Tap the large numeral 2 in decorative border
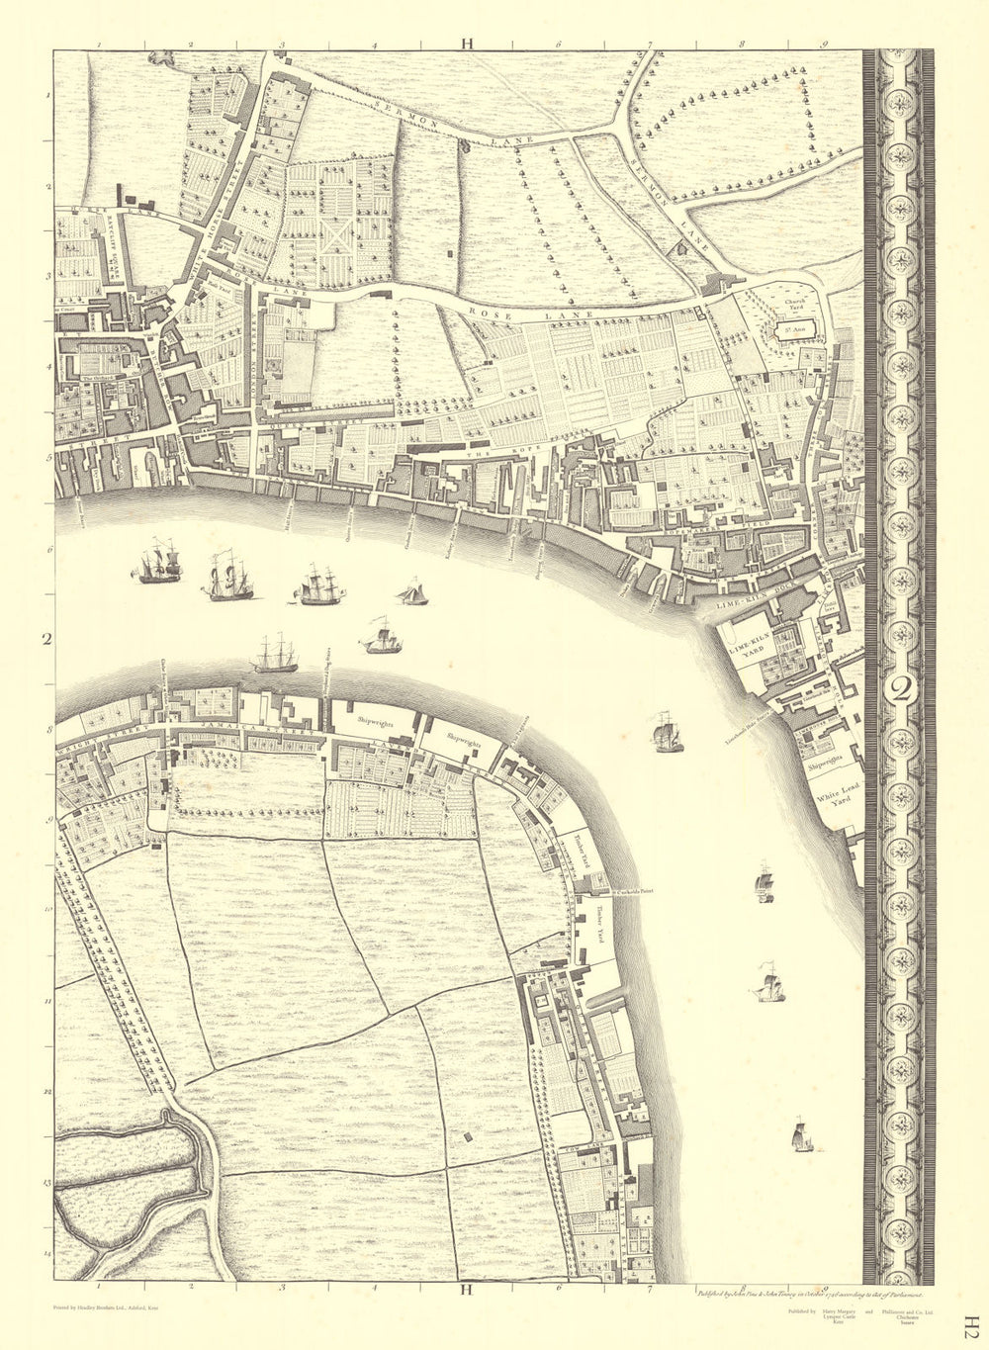click(899, 689)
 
